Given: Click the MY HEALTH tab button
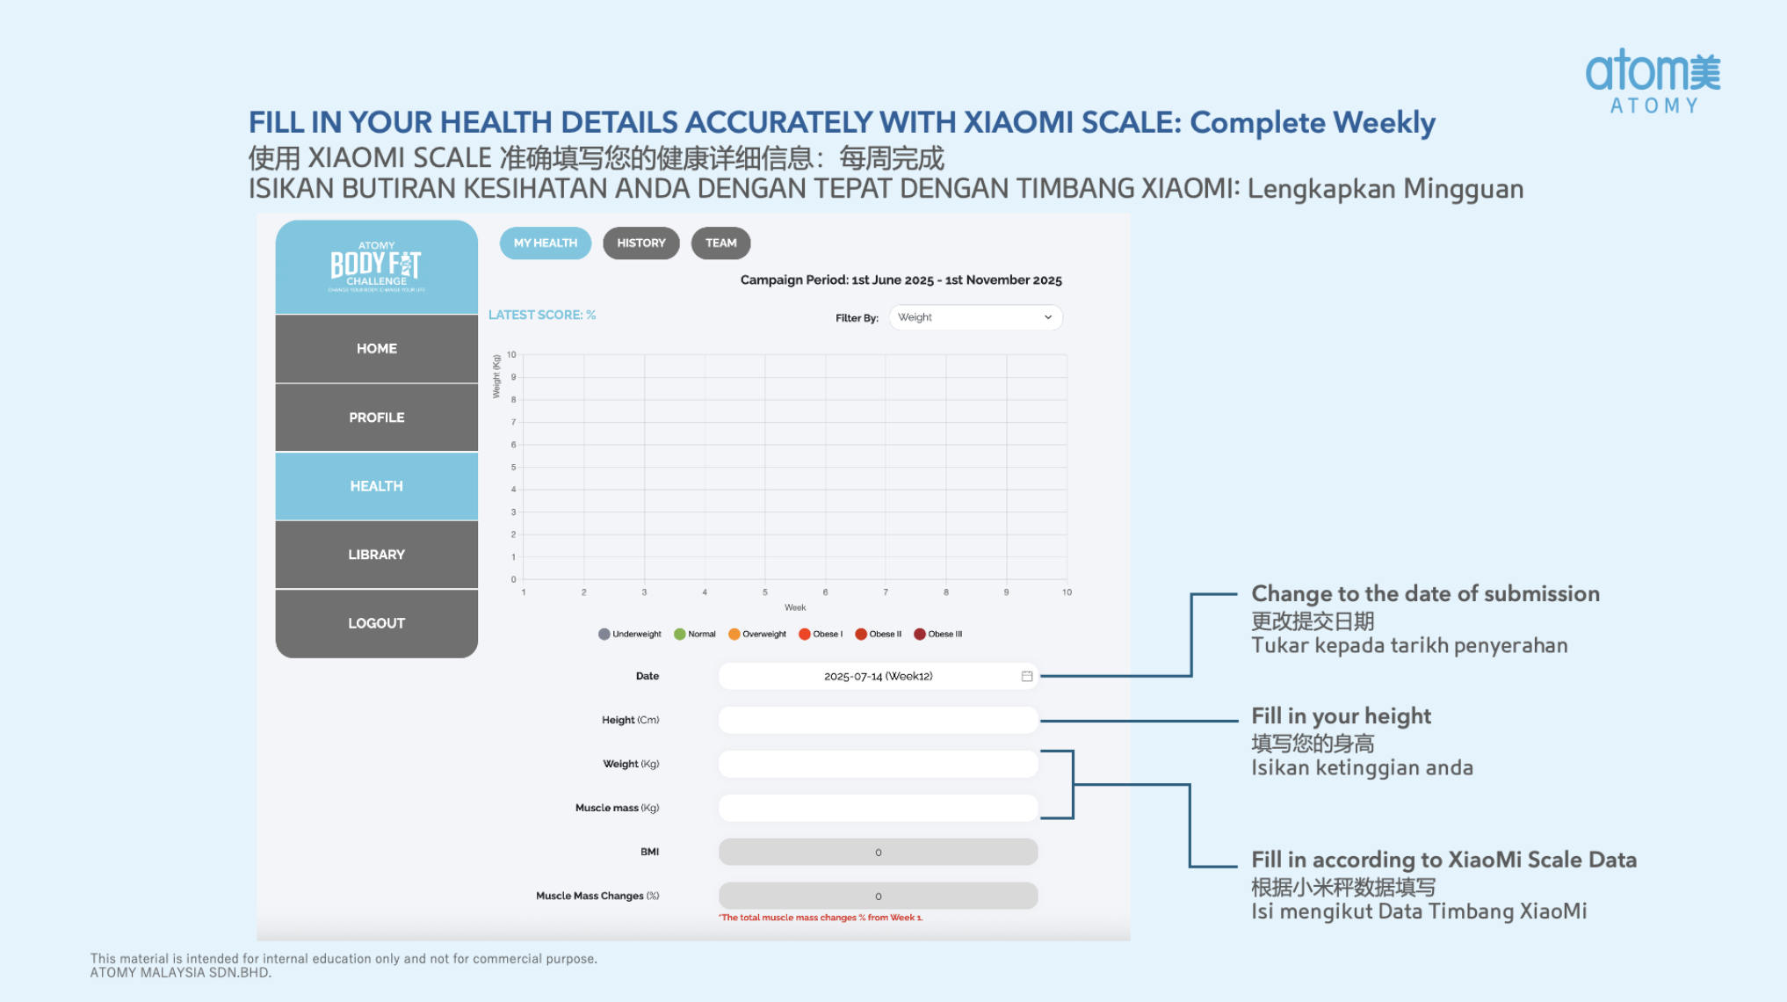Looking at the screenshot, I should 545,243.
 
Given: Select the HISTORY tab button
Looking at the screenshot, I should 640,243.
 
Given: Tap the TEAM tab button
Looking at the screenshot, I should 720,243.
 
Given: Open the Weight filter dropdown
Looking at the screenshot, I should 974,317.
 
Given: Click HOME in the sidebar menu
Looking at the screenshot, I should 376,349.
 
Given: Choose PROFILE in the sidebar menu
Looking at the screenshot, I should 376,417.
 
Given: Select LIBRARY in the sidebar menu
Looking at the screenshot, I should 376,555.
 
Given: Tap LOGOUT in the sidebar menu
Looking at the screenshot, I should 376,623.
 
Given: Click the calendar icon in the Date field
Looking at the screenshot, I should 1026,676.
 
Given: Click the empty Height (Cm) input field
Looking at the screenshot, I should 878,720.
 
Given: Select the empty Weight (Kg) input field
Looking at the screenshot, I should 878,764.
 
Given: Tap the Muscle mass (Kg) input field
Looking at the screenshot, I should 878,808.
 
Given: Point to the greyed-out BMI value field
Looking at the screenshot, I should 878,852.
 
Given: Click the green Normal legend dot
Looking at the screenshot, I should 679,635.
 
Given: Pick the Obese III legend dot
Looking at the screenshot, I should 919,635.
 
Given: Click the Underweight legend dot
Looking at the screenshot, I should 604,635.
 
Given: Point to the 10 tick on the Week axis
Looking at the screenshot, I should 1067,592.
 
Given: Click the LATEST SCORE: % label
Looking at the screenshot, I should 541,315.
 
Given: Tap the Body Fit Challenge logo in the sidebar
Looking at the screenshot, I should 376,267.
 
